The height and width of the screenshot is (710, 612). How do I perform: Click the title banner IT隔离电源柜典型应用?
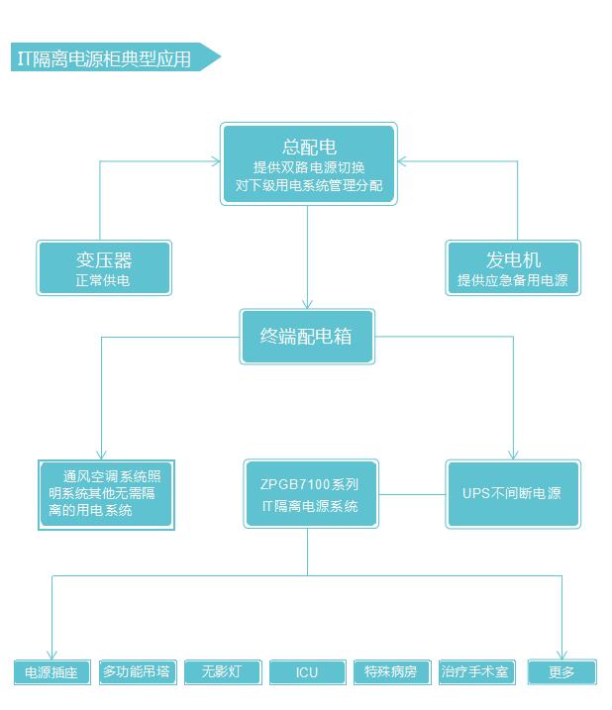click(x=116, y=57)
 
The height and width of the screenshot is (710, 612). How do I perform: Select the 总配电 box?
click(x=309, y=164)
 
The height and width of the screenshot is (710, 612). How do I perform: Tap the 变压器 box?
click(x=104, y=268)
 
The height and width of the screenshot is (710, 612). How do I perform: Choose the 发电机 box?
click(x=513, y=268)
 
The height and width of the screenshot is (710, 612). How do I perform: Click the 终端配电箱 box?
click(x=307, y=337)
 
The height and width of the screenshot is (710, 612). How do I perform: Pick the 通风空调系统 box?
click(x=106, y=494)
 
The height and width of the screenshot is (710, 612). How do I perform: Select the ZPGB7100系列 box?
click(x=311, y=494)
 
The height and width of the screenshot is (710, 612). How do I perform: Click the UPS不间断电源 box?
click(x=513, y=494)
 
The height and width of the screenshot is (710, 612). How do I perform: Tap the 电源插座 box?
click(x=52, y=672)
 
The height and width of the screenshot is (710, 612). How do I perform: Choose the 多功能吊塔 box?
click(x=138, y=672)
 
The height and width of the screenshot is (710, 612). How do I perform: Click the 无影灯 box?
click(x=223, y=672)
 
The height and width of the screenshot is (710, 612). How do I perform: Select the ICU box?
click(x=308, y=672)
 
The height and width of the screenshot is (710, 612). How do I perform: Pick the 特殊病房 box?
click(x=392, y=672)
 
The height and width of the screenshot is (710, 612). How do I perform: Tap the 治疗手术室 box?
click(x=477, y=672)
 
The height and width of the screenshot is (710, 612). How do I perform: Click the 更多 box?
click(x=562, y=672)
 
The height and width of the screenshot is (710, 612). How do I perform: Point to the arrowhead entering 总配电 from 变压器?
click(x=217, y=161)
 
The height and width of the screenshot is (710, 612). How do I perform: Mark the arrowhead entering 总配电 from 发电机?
click(x=401, y=161)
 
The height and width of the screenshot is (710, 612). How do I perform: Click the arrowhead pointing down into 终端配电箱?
click(x=308, y=305)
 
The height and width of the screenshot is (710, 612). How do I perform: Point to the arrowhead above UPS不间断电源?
click(x=513, y=456)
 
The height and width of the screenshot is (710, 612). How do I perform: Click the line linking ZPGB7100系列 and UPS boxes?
click(x=412, y=494)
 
